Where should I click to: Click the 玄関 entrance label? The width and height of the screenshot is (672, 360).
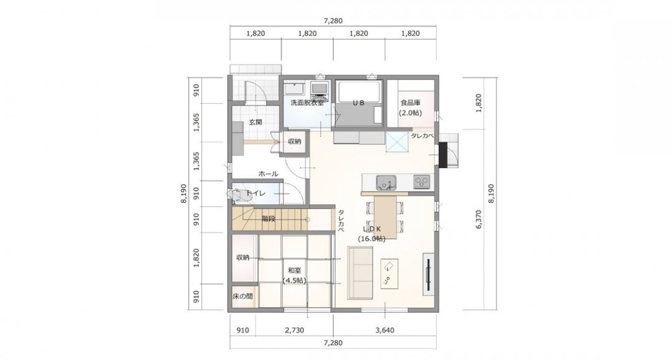(255, 122)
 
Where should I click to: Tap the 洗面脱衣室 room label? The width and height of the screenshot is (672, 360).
(307, 103)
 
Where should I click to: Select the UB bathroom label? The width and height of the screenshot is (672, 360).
(358, 103)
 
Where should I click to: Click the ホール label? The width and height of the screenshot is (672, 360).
(268, 174)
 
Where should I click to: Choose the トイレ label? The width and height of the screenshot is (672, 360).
(256, 194)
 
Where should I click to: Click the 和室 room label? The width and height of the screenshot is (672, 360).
(294, 270)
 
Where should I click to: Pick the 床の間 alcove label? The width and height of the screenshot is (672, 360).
(243, 297)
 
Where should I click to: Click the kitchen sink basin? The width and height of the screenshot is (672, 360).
(385, 183)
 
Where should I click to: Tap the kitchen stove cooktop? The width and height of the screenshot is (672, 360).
(421, 182)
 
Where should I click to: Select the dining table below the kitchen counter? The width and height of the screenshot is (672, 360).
(385, 214)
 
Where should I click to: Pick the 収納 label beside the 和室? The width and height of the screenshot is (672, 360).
(243, 257)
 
